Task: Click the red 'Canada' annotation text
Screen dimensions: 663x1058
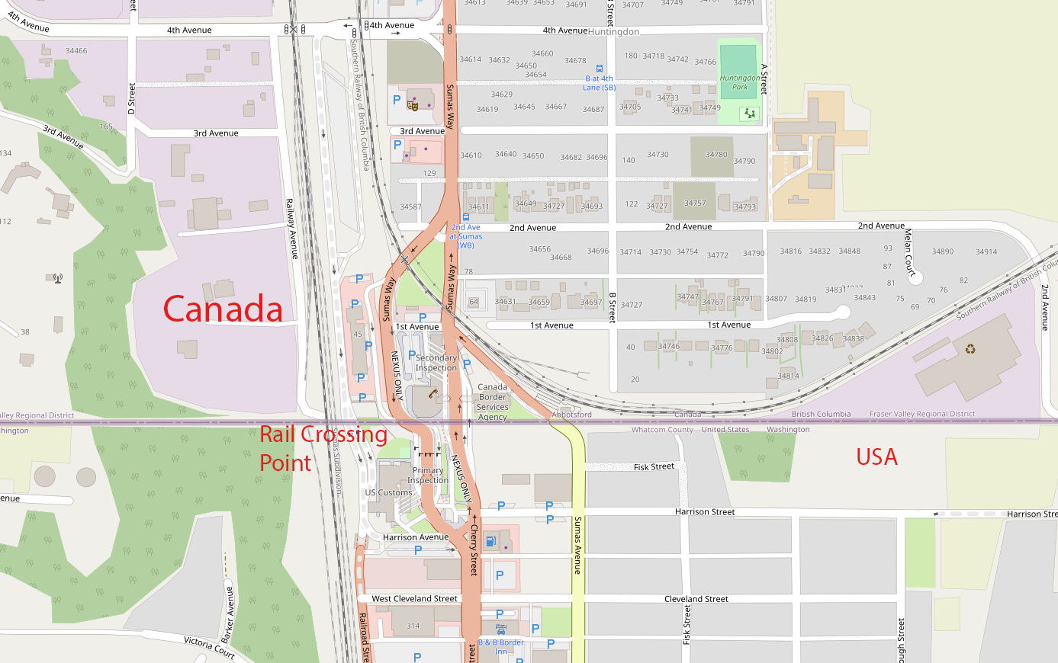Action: (223, 309)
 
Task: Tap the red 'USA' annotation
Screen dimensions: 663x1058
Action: (876, 456)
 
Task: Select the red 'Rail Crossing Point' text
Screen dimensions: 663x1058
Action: (323, 448)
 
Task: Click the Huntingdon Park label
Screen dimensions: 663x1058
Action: (739, 82)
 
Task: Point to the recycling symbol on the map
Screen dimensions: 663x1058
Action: (970, 350)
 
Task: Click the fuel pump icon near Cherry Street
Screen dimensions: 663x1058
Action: (490, 542)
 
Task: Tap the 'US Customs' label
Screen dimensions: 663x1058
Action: (388, 493)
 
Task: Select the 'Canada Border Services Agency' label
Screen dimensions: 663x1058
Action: (492, 402)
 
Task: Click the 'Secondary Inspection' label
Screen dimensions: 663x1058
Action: (436, 363)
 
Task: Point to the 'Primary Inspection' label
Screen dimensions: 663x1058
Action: (427, 476)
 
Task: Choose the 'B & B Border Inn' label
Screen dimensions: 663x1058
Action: (501, 647)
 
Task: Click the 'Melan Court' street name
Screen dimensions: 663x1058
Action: (908, 252)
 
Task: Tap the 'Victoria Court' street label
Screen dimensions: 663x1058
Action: (209, 647)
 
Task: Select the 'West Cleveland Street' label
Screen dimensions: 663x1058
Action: (414, 599)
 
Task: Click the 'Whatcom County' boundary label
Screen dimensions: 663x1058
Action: (662, 430)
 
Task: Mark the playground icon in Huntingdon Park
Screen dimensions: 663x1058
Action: (750, 114)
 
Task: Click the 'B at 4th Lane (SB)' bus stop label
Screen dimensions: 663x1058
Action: (599, 83)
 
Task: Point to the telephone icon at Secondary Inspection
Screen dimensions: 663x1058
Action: (433, 394)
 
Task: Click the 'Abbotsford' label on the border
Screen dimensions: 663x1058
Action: (571, 415)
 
